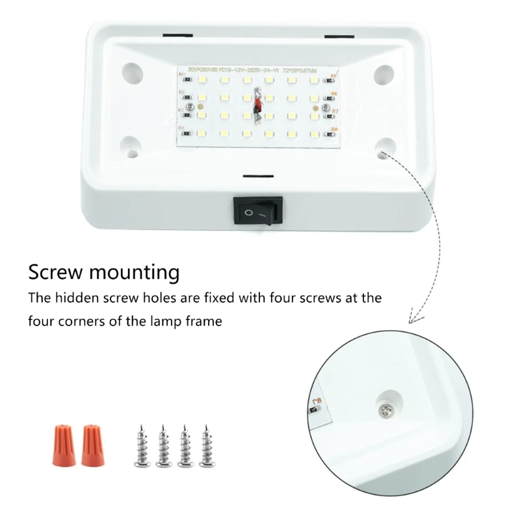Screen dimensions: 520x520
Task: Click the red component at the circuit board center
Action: [x=257, y=104]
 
